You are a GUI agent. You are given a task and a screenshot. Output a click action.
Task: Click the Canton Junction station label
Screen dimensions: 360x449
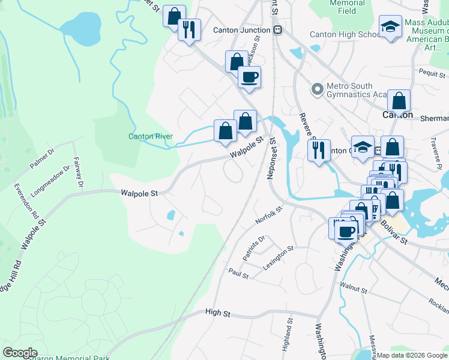pyautogui.click(x=242, y=29)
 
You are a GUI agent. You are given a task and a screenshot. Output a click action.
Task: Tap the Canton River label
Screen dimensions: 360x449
pyautogui.click(x=151, y=136)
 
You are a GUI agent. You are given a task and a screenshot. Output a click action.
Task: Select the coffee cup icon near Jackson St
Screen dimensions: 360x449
pyautogui.click(x=249, y=77)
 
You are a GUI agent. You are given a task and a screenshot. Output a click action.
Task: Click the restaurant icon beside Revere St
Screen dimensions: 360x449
pyautogui.click(x=319, y=150)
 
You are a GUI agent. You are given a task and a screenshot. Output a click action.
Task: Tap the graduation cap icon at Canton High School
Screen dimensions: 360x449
pyautogui.click(x=390, y=27)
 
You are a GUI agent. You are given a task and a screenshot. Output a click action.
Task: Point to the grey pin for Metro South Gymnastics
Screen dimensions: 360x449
pyautogui.click(x=318, y=90)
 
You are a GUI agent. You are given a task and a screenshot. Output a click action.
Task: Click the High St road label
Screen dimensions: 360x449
pyautogui.click(x=217, y=313)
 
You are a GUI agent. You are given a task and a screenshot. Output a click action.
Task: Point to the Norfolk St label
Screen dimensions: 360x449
pyautogui.click(x=268, y=215)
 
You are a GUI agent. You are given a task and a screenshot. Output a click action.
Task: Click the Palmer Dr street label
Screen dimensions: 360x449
pyautogui.click(x=42, y=158)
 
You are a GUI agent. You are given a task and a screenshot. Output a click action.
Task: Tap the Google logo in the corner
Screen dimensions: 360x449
pyautogui.click(x=20, y=353)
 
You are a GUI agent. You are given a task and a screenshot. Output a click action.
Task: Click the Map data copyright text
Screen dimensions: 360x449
pyautogui.click(x=411, y=355)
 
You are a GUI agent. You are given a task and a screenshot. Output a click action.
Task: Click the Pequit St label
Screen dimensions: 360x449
pyautogui.click(x=432, y=71)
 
